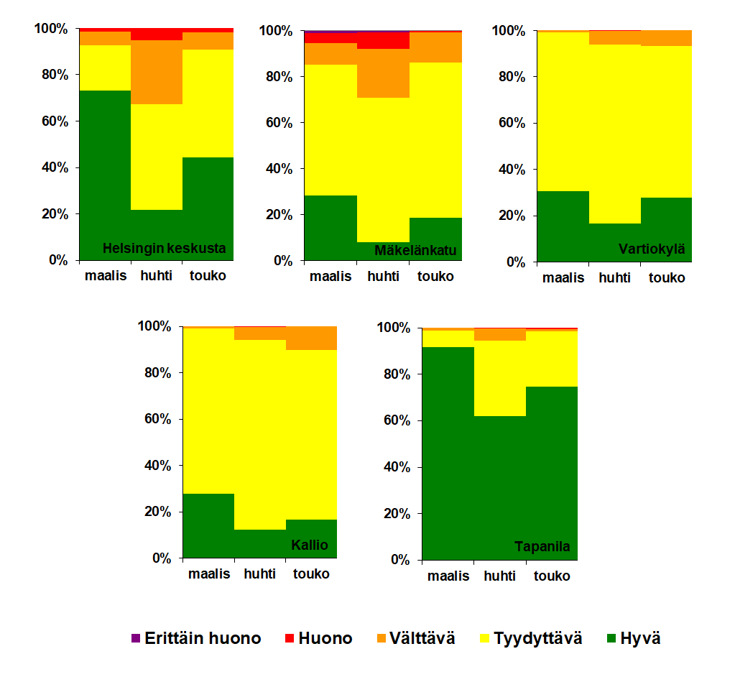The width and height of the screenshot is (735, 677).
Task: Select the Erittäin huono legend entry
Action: (x=196, y=638)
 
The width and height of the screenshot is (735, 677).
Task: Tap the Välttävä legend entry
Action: (x=415, y=638)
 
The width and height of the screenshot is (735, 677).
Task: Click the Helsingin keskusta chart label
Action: (x=165, y=249)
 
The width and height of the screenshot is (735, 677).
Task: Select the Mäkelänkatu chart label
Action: (x=415, y=251)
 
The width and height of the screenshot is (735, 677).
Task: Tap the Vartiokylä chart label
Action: (x=652, y=250)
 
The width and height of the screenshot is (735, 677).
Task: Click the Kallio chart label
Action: (x=310, y=545)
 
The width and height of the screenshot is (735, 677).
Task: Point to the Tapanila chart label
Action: (x=542, y=547)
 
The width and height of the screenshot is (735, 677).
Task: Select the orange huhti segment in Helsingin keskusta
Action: (x=156, y=72)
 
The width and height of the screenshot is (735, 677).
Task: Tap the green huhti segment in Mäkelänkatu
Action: (x=383, y=251)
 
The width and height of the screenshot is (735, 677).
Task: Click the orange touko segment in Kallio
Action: (x=311, y=338)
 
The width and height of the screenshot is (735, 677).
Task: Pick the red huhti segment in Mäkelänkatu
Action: (x=383, y=40)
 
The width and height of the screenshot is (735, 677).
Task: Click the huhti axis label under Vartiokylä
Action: (x=616, y=278)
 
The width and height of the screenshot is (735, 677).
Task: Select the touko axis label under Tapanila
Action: (x=551, y=576)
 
